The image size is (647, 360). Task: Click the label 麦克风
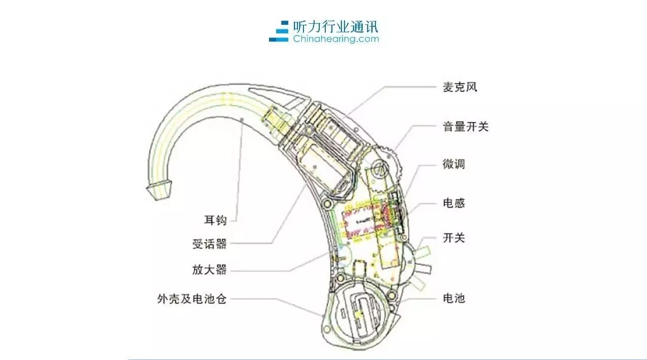460,87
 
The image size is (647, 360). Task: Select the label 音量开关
465,127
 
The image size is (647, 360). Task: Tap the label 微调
454,164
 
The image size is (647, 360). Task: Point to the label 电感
454,203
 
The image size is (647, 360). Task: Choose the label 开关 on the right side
454,238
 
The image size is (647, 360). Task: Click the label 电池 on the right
454,298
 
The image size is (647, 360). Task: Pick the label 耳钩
215,220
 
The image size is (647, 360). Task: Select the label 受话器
210,244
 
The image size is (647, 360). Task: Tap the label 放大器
210,270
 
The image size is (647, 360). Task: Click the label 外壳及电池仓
192,299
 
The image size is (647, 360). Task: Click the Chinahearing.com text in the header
336,38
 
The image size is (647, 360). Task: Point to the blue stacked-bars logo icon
279,31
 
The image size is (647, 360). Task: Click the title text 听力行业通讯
335,27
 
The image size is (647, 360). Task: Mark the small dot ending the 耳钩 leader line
242,119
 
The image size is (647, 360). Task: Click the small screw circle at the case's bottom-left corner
327,329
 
